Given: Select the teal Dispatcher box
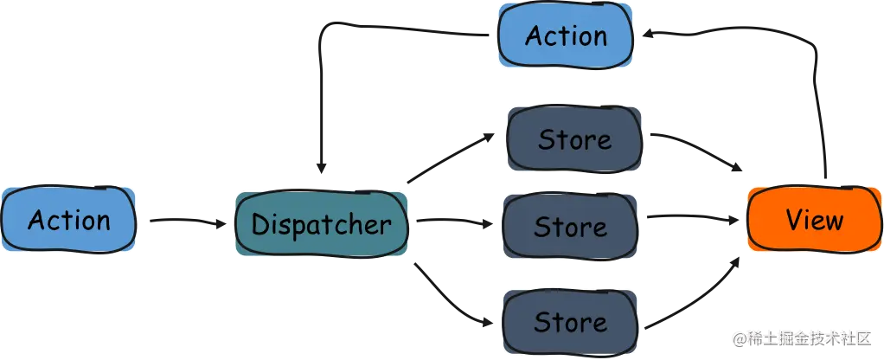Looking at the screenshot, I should pyautogui.click(x=321, y=225).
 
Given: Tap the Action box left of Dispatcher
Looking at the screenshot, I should pyautogui.click(x=69, y=220).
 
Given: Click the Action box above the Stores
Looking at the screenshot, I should pyautogui.click(x=566, y=36).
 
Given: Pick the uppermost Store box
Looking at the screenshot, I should pyautogui.click(x=574, y=139).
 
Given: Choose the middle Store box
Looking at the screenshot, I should pyautogui.click(x=570, y=227).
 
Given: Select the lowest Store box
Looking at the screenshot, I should pyautogui.click(x=570, y=322).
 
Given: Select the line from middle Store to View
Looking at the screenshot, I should pyautogui.click(x=692, y=216).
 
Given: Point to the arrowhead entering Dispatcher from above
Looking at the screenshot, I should pyautogui.click(x=322, y=164).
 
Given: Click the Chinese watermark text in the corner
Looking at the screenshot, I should pyautogui.click(x=800, y=337).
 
